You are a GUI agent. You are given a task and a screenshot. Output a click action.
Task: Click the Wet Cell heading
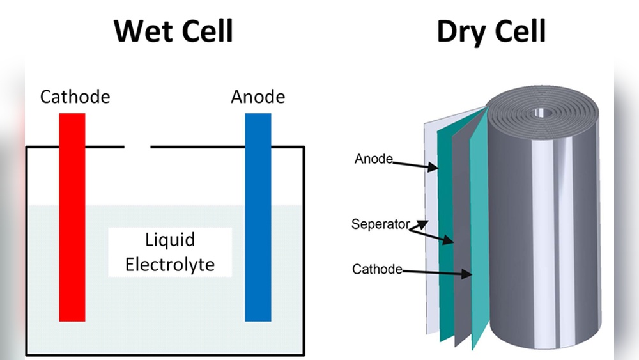(x=173, y=31)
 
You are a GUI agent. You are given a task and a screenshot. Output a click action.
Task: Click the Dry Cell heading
(x=491, y=31)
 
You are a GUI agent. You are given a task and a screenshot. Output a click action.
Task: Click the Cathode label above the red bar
(x=75, y=97)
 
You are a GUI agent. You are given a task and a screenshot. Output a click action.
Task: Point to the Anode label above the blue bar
(x=258, y=97)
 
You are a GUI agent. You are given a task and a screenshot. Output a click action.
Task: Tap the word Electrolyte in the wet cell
(x=169, y=264)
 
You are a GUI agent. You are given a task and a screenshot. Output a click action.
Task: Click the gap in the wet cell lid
(x=137, y=147)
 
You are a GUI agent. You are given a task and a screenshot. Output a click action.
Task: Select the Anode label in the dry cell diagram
(x=373, y=159)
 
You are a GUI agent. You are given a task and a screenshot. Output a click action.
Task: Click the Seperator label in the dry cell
(x=380, y=224)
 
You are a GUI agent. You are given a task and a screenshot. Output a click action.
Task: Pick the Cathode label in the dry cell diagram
(x=377, y=269)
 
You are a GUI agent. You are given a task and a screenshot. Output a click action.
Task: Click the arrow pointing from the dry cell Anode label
(x=415, y=166)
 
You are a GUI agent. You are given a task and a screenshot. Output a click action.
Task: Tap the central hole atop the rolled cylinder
(x=542, y=113)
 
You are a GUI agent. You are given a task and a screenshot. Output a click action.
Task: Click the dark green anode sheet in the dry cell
(x=445, y=211)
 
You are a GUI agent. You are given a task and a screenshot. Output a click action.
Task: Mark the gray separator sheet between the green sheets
(x=461, y=211)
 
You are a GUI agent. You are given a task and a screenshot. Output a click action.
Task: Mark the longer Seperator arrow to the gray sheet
(x=434, y=237)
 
